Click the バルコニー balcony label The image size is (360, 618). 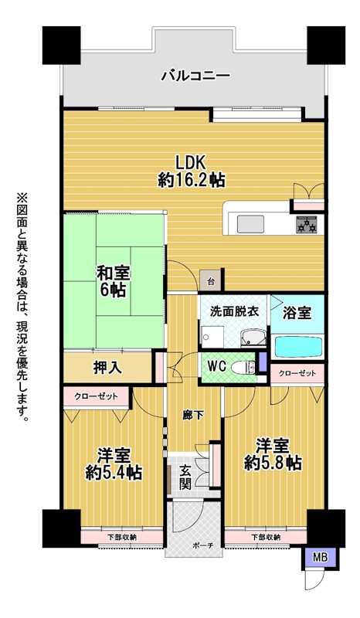195,75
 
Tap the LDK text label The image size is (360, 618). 192,162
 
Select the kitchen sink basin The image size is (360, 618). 250,225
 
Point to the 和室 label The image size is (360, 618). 114,273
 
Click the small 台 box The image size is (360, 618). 212,281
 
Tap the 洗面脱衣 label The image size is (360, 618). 234,312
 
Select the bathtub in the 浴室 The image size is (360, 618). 298,347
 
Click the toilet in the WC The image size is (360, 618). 243,368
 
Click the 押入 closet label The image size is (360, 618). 107,368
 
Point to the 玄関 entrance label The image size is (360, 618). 185,477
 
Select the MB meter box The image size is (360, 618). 320,557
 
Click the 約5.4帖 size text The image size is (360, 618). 114,472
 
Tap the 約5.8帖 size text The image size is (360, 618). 273,462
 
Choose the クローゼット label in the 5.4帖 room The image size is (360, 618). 96,396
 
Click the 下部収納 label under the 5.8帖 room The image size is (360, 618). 267,536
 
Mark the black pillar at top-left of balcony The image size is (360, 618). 62,46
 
